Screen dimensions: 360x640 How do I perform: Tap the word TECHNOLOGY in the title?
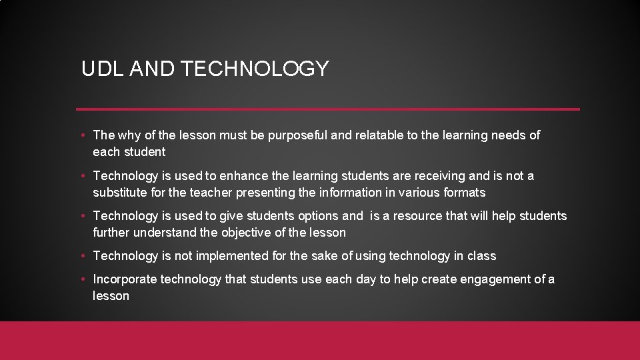point(255,69)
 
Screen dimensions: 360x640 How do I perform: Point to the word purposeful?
point(298,135)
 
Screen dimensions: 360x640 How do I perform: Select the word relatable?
point(379,135)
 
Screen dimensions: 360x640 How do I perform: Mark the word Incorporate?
point(125,279)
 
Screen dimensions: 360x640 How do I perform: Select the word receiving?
point(440,176)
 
